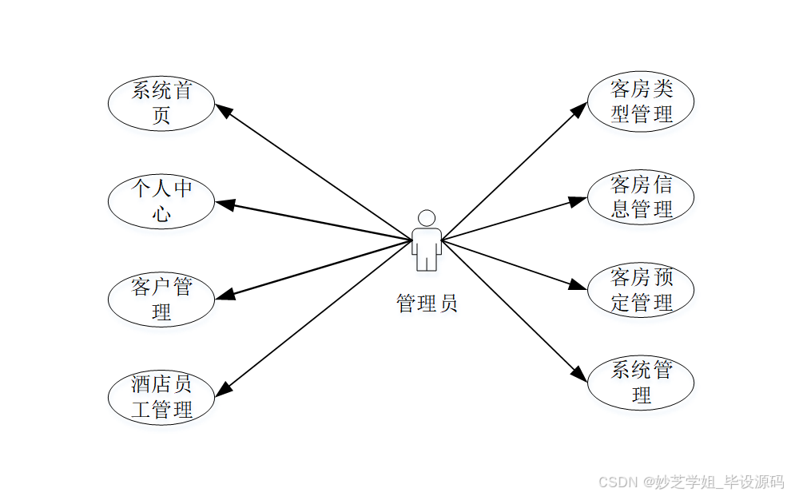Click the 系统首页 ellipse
coord(161,103)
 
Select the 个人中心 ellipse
coord(161,201)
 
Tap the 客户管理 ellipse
coord(161,299)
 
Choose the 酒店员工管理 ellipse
coord(161,397)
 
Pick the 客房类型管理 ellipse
coord(641,101)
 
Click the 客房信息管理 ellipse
coord(641,197)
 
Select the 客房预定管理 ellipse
coord(641,290)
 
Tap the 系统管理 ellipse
coord(641,383)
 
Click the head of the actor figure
coord(427,218)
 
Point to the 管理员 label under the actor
coord(427,304)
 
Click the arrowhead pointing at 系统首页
coord(225,111)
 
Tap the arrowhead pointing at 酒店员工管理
coord(225,387)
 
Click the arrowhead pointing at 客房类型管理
coord(580,108)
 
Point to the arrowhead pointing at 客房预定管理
coord(578,286)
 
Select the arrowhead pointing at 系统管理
coord(579,372)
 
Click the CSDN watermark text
coord(690,482)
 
